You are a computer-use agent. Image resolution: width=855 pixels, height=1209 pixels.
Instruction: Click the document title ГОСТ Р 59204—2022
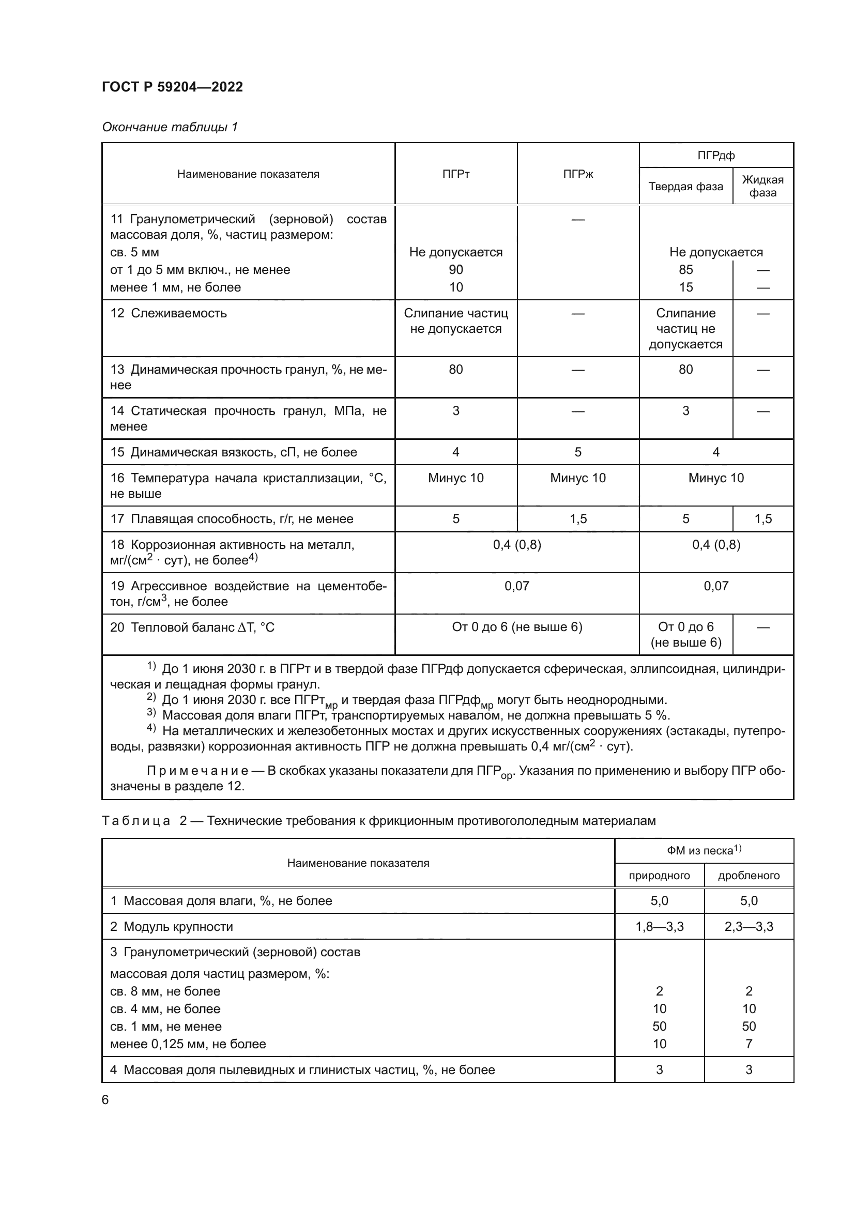(172, 87)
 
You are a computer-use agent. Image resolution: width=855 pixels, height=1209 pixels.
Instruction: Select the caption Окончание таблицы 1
(170, 127)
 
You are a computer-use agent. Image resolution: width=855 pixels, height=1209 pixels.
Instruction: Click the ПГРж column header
(577, 174)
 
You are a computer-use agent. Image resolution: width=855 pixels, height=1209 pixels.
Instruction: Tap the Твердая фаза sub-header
(685, 187)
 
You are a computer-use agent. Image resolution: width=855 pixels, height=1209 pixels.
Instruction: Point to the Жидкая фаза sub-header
(762, 186)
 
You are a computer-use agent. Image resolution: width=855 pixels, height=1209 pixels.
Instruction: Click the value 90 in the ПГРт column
(455, 270)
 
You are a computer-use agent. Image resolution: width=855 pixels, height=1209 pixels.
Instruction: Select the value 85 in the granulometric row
(685, 270)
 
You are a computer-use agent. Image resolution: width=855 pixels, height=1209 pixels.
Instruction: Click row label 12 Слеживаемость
(169, 313)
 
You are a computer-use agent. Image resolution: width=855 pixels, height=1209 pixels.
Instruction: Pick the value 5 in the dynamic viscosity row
(577, 452)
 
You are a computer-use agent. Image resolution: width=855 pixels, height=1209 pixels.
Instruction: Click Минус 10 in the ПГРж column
(577, 478)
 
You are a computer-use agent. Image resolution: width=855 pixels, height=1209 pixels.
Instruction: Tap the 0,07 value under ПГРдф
(715, 586)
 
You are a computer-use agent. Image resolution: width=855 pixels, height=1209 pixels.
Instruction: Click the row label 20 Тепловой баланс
(192, 627)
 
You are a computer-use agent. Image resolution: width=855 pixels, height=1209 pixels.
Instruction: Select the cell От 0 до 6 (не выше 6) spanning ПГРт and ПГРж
(516, 626)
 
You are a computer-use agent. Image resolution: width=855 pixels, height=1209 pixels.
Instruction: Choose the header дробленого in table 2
(748, 876)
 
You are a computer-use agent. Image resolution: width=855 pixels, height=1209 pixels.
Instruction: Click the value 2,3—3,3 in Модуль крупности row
(748, 927)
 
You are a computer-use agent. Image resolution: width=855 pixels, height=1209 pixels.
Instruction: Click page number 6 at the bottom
(105, 1100)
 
